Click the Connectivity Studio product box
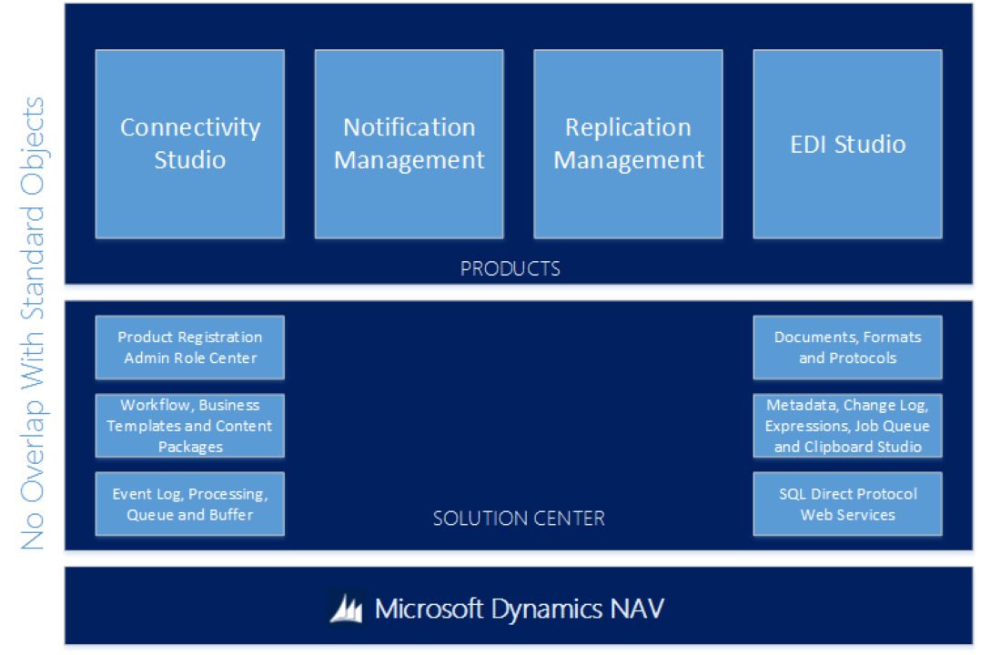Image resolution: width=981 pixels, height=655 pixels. point(189,144)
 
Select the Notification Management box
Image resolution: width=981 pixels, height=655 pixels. point(409,144)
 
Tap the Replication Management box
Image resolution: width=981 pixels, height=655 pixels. point(628,144)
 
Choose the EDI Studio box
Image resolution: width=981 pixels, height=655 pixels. point(847,144)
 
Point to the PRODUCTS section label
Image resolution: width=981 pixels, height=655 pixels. point(510,268)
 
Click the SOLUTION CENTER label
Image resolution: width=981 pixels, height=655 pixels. point(518,519)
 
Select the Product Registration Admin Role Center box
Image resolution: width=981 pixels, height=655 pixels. point(189,348)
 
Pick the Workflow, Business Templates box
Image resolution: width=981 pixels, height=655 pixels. point(189,426)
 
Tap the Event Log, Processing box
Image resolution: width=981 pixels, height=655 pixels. point(189,504)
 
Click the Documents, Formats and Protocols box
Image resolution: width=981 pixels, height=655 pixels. point(847,348)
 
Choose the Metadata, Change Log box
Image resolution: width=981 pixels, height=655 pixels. point(847,426)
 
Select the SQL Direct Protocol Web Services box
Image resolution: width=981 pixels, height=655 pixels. point(847,504)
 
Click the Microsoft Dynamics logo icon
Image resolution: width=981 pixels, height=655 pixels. point(347,608)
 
